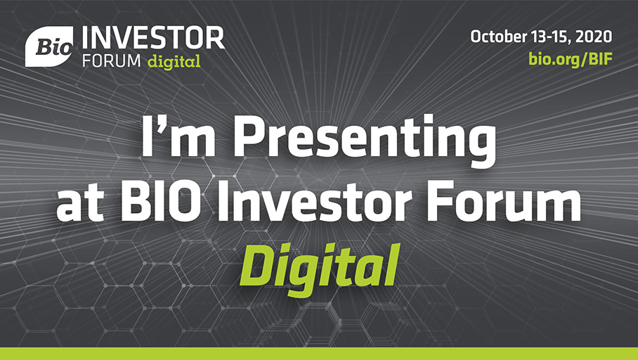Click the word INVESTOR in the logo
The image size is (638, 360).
(x=153, y=38)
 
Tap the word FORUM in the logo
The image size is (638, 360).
(x=112, y=61)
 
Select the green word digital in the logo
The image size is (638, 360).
(x=174, y=61)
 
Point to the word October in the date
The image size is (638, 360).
(x=499, y=37)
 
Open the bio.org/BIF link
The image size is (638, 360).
(x=571, y=59)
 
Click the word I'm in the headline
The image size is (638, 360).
(x=178, y=137)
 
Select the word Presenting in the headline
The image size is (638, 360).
(x=365, y=141)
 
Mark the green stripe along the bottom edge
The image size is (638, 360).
(x=319, y=354)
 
